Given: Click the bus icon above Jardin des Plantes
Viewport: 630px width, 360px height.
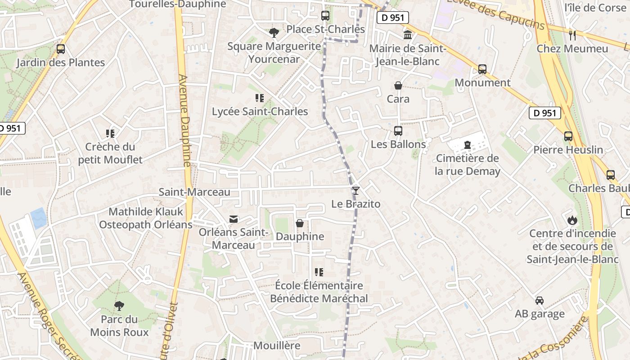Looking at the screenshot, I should tap(61, 49).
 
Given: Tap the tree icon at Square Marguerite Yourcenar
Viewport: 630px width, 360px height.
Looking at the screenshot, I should tap(274, 32).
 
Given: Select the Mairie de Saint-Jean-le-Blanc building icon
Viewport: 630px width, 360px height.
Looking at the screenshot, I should tap(408, 34).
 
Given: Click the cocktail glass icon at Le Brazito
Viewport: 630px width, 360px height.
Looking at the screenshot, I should tap(356, 191).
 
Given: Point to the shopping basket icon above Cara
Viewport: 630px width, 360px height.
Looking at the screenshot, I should tap(398, 85).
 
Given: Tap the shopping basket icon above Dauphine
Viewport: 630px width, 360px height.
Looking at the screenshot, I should tap(300, 223).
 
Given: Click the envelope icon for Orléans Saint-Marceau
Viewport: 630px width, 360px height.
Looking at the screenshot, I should tap(234, 219).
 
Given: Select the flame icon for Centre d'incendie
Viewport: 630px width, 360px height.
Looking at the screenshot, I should tap(572, 220).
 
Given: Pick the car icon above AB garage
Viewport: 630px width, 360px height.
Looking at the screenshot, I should tap(539, 301).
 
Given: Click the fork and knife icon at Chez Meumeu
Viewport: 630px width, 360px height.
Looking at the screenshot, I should tap(572, 35).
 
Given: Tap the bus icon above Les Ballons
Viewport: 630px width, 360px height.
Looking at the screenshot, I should tap(398, 131).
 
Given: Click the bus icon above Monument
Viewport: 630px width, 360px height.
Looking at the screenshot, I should tap(482, 69).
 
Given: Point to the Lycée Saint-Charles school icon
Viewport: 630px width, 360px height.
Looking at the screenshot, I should tap(260, 98).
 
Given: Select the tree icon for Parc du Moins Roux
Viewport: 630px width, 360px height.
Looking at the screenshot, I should tap(119, 306).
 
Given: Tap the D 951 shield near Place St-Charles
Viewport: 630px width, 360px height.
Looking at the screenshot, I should tap(392, 18).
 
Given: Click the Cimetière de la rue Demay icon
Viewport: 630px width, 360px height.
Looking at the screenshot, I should tap(468, 145).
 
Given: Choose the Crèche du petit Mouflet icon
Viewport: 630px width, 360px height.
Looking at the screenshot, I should tap(110, 133).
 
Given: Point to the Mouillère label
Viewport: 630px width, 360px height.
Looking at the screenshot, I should tap(277, 346).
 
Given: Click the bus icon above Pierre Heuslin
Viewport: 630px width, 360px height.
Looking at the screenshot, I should tap(568, 136).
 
